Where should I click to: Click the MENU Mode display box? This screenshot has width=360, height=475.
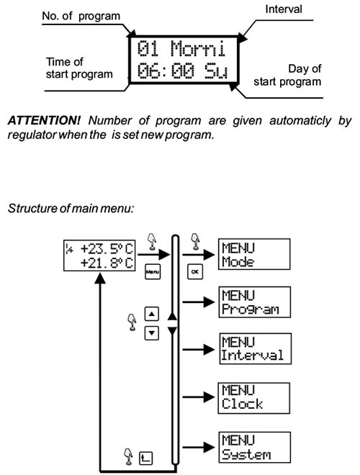(x=254, y=254)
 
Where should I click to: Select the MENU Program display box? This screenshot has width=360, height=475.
(x=255, y=302)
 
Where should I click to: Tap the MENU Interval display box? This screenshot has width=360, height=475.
(x=255, y=348)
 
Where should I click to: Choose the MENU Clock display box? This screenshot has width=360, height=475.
(x=254, y=398)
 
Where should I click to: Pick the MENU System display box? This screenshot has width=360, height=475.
(x=255, y=448)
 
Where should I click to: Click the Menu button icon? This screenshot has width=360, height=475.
(x=153, y=272)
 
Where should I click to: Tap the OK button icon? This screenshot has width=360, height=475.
(x=195, y=272)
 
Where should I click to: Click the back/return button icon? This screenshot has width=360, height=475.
(x=145, y=458)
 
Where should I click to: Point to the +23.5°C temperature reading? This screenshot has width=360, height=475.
(x=107, y=249)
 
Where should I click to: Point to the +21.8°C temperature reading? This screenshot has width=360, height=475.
(x=107, y=263)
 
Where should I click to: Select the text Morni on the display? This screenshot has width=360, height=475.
(x=198, y=48)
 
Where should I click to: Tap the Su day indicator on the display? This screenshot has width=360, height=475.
(x=215, y=71)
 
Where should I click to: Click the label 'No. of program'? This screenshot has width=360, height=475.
(x=81, y=16)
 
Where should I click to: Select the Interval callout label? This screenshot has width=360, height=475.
(x=284, y=9)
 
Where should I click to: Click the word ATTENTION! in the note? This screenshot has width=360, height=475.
(x=44, y=121)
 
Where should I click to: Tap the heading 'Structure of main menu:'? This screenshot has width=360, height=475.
(x=71, y=209)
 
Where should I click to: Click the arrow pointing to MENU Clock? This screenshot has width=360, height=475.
(x=199, y=397)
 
